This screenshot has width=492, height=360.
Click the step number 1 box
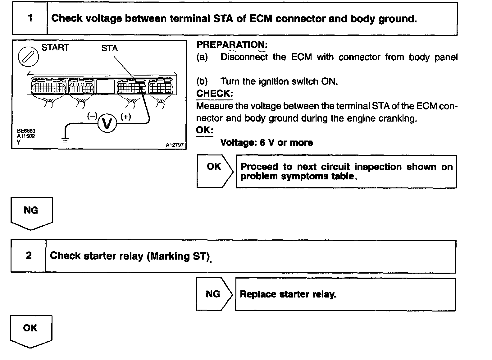click(x=30, y=18)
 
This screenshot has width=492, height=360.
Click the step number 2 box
click(x=29, y=256)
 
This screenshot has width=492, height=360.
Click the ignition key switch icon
click(x=28, y=57)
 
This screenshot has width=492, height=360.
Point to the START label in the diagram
click(x=55, y=48)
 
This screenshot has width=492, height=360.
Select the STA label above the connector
click(x=110, y=48)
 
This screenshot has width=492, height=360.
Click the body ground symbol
click(x=65, y=140)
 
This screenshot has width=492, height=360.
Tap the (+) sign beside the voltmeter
click(x=125, y=117)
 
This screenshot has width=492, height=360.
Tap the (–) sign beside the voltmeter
click(x=92, y=116)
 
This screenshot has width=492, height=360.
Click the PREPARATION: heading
click(x=232, y=45)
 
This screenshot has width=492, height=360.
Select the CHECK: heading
click(x=214, y=93)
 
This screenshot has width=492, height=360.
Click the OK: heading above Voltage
click(x=204, y=130)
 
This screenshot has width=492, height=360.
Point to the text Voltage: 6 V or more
click(x=266, y=143)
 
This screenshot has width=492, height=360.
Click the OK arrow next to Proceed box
click(x=214, y=171)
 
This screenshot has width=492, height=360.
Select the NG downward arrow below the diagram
click(x=31, y=213)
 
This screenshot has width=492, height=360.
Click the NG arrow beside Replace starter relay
click(x=214, y=294)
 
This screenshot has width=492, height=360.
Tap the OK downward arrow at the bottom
click(x=31, y=331)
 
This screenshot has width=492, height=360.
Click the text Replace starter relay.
click(x=288, y=294)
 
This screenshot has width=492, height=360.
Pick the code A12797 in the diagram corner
click(x=175, y=145)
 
